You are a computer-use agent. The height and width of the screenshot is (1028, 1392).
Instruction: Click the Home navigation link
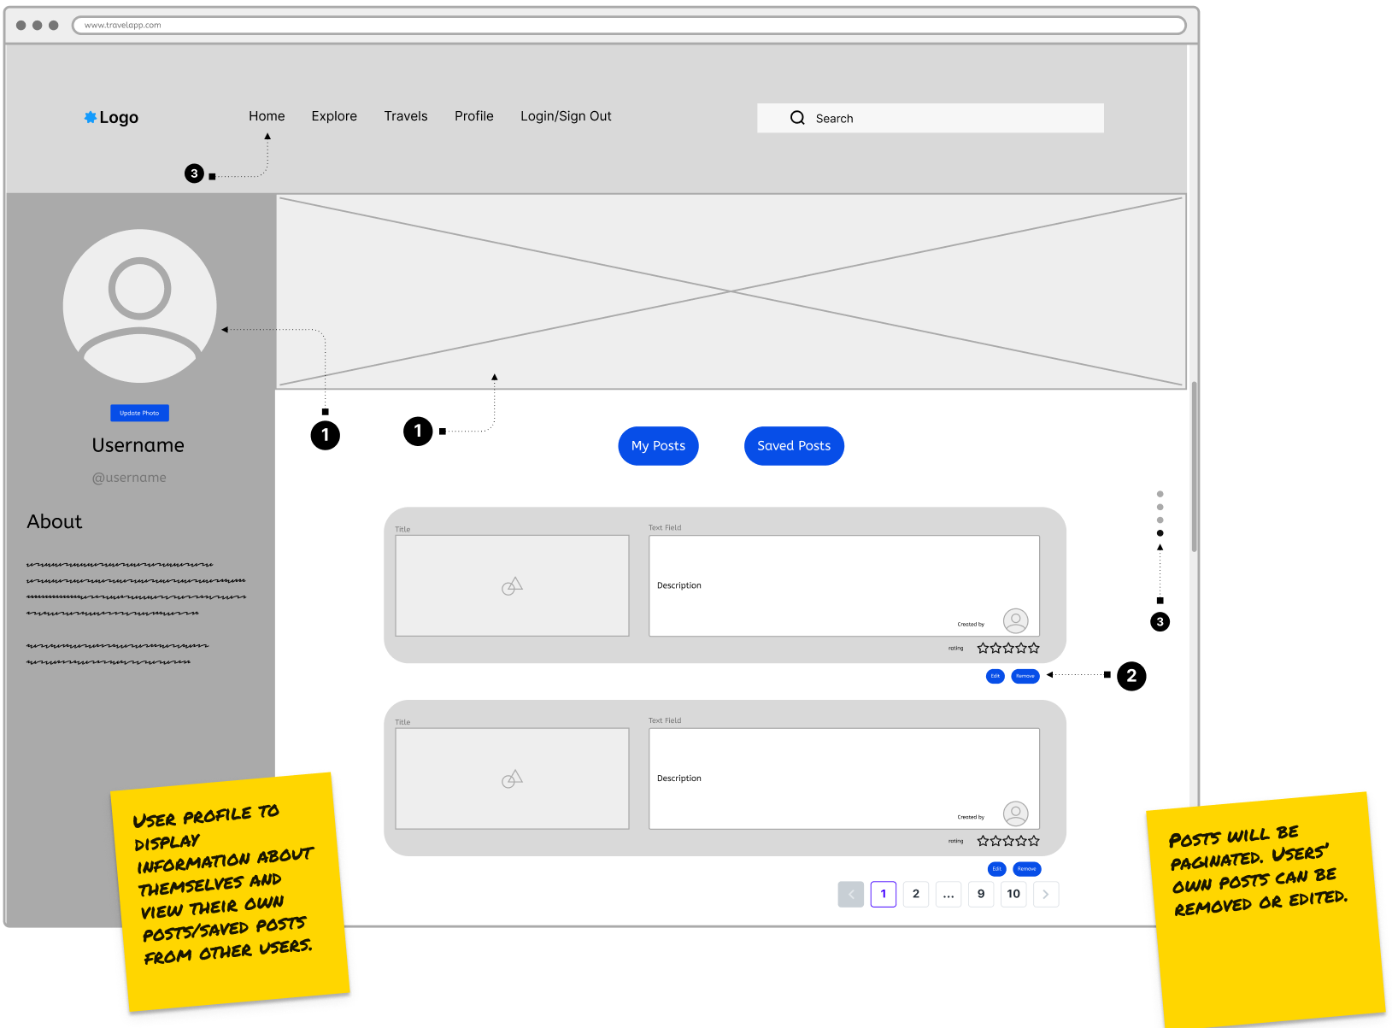267,116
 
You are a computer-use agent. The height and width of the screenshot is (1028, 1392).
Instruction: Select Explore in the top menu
334,116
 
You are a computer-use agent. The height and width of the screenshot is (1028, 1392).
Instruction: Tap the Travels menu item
406,116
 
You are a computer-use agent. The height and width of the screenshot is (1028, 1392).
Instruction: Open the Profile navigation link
474,116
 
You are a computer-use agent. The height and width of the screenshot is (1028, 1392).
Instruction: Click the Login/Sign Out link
566,116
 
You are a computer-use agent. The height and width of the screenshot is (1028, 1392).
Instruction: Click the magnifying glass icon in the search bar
797,118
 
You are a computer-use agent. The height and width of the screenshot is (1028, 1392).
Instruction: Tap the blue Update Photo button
139,413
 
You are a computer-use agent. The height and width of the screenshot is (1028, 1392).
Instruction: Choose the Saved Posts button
794,446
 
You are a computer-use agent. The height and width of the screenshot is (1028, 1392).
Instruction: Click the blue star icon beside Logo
90,117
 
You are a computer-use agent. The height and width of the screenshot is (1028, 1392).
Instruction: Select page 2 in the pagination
916,894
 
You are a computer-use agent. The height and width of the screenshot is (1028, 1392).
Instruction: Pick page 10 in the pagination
1013,894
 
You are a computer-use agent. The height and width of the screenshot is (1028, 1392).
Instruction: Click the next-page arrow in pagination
1046,894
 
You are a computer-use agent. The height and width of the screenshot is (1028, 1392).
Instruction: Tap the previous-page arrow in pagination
851,894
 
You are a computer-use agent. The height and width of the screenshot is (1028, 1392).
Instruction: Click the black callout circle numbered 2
1131,676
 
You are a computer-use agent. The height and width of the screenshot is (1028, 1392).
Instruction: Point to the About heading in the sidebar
55,522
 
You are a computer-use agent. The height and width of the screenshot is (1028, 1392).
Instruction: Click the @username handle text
129,478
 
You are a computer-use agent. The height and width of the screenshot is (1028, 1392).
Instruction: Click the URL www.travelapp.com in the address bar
123,26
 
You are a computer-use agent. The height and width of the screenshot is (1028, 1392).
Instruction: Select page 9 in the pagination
981,894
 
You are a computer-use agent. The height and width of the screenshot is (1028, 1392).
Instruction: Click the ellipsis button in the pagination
949,894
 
